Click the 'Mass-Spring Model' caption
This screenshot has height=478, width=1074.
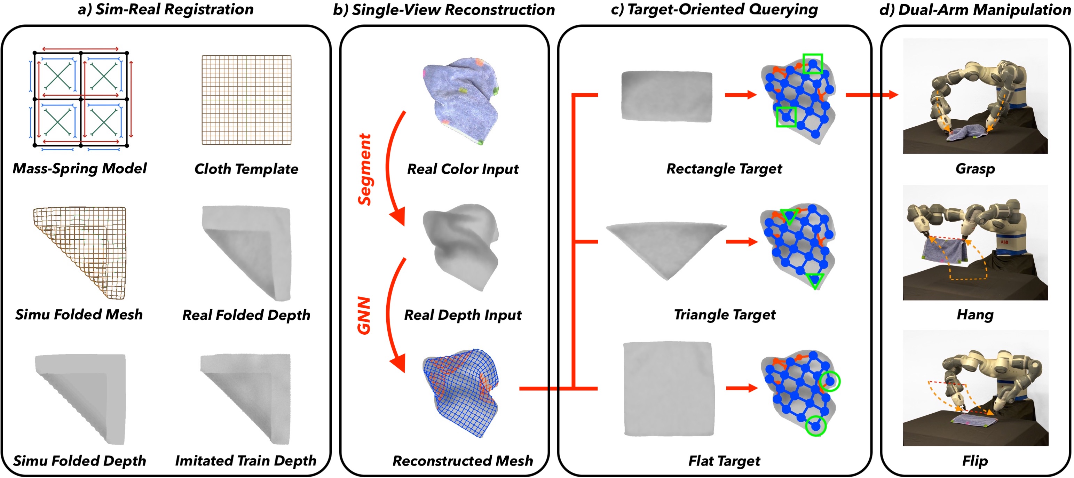click(79, 168)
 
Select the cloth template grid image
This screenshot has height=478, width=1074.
click(246, 100)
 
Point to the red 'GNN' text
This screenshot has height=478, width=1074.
click(364, 316)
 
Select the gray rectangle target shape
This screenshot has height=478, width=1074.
click(666, 96)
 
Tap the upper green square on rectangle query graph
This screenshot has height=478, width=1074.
click(812, 64)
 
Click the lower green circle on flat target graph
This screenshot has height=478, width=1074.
click(815, 426)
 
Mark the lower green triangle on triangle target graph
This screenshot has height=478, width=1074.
click(815, 280)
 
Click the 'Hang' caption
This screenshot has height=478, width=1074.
click(975, 314)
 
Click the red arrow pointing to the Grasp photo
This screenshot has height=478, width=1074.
click(871, 95)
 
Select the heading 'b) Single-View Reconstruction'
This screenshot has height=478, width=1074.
click(444, 10)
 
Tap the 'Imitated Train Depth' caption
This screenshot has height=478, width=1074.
click(246, 461)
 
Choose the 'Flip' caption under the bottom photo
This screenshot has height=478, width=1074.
click(975, 461)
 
